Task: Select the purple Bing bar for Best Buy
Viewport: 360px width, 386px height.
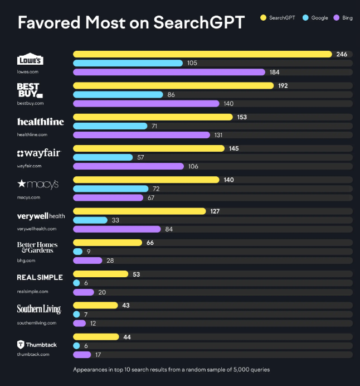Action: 146,104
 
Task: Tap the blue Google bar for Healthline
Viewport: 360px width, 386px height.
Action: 110,127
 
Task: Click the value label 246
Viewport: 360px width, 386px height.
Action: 342,54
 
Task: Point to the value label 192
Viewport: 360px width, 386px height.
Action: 283,86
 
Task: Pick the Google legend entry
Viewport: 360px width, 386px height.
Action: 315,18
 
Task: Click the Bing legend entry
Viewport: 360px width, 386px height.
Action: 343,18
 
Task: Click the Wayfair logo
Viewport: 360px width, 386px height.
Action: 38,153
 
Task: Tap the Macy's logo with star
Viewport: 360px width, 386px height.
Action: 38,184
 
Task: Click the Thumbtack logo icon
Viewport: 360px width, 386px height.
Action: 21,345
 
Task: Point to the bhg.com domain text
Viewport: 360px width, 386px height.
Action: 26,260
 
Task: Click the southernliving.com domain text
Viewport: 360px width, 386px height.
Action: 37,323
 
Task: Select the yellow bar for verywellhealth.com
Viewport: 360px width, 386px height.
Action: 139,211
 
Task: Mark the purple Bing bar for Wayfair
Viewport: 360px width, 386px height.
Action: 128,166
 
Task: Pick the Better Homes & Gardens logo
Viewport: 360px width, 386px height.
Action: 37,247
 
